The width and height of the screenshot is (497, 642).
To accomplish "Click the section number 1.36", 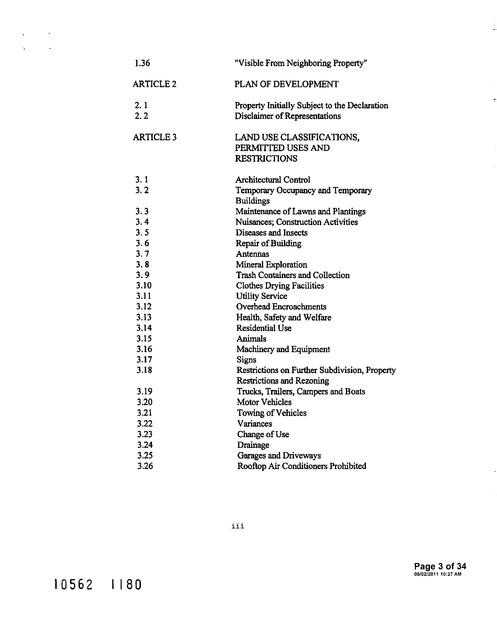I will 142,63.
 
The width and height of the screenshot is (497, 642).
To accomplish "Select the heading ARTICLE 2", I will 155,84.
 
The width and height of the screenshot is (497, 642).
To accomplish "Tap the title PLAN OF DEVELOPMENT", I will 287,84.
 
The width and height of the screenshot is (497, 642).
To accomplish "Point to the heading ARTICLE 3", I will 155,137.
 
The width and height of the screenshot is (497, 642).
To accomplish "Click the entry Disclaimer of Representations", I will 288,116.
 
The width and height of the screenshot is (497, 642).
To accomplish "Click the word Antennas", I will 252,254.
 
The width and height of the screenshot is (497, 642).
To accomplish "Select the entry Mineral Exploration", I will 271,265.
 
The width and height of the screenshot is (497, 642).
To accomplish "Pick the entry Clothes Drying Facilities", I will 280,286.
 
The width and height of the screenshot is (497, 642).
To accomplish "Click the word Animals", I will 251,339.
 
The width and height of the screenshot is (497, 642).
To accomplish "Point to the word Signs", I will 246,360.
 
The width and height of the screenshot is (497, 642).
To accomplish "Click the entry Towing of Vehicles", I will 271,413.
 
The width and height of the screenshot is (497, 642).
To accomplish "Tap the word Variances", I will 254,424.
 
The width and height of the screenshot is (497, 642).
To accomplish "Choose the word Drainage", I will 253,445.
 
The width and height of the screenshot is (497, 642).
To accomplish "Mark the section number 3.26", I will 145,466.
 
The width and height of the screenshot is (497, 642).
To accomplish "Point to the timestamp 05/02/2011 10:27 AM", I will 438,574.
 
